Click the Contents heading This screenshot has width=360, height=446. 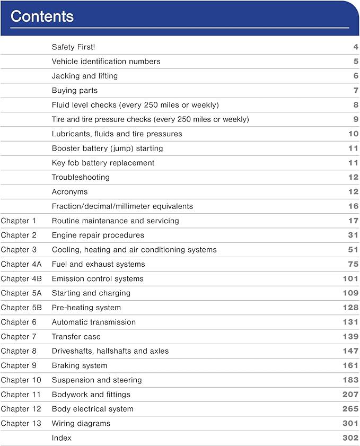42,16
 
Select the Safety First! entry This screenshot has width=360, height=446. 73,47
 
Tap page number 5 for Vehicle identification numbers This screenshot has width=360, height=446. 356,62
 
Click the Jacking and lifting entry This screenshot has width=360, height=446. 84,76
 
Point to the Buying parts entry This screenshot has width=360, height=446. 74,91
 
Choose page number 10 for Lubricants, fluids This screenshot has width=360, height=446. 353,134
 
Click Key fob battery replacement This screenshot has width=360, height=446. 103,163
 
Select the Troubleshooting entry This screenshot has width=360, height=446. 81,177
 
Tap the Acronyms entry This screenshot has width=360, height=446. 69,192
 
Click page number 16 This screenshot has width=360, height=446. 353,206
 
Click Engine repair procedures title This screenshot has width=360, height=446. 98,235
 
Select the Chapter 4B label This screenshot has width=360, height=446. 21,278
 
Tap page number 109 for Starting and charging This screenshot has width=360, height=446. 350,293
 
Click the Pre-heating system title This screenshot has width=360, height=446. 86,308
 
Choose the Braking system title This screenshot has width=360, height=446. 79,365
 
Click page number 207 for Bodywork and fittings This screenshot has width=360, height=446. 350,395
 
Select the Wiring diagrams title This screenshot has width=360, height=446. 81,423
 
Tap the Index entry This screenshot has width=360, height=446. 62,438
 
